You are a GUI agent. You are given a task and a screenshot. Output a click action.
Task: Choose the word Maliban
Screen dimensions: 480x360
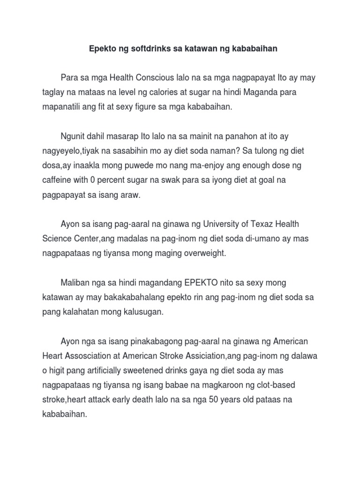pyautogui.click(x=76, y=283)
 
